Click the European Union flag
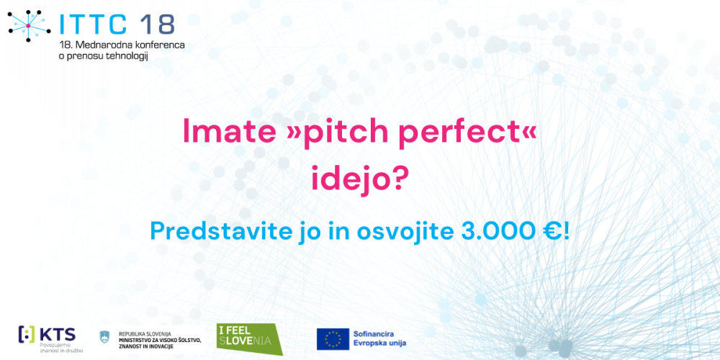point(333,338)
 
